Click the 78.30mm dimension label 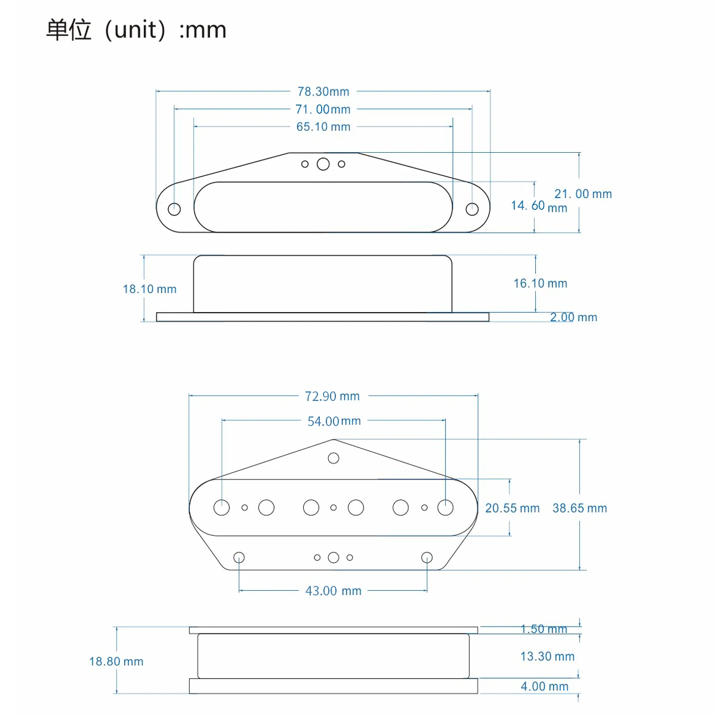coord(323,91)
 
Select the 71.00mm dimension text coord(323,109)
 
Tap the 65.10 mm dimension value coord(323,126)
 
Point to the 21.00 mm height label coord(582,193)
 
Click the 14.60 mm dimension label coord(539,206)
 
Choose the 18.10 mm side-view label coord(149,289)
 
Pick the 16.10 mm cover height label coord(540,283)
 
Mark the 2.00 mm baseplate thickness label coord(573,317)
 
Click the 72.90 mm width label coord(332,396)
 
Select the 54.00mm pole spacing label coord(334,421)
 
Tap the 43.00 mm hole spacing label coord(333,591)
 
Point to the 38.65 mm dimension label coord(579,508)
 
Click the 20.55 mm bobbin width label coord(512,508)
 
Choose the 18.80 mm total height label coord(116,661)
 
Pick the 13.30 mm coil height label coord(547,656)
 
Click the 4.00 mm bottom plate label coord(544,686)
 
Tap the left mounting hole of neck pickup coord(174,209)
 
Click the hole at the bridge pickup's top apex coord(334,458)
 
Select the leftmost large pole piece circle coord(221,508)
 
